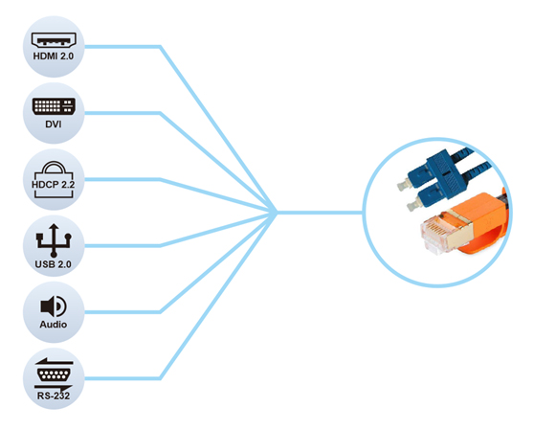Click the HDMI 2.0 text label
click(54, 56)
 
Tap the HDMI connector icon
click(54, 40)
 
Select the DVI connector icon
click(54, 106)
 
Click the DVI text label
click(54, 124)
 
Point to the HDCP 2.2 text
click(54, 185)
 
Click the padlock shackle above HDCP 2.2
click(54, 167)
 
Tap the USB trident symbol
click(54, 240)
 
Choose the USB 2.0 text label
click(54, 264)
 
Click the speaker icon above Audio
click(54, 306)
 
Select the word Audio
click(54, 324)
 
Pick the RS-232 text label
click(54, 396)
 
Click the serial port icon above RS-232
click(54, 374)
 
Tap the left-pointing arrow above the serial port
click(54, 361)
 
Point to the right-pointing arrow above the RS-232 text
click(54, 388)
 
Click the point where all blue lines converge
click(277, 213)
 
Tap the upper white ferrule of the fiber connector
click(403, 185)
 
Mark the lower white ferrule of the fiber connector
click(412, 206)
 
